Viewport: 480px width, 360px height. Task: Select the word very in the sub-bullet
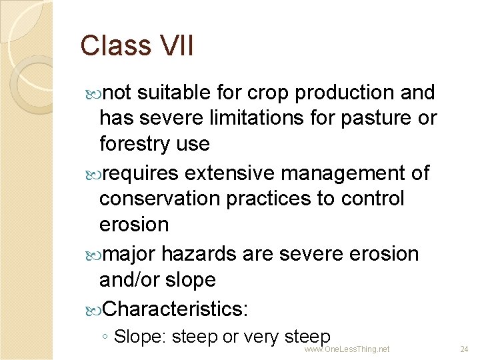click(265, 337)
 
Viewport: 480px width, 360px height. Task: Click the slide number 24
click(465, 349)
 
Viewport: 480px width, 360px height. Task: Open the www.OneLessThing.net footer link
click(347, 349)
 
